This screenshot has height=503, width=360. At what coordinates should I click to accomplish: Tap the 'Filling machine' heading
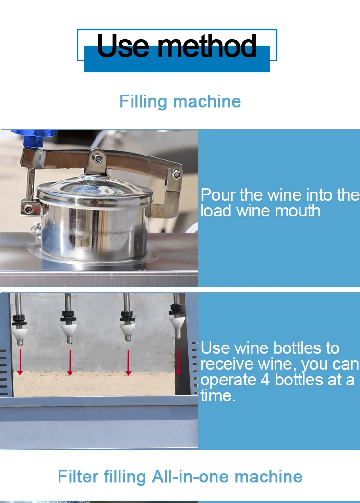[x=180, y=101]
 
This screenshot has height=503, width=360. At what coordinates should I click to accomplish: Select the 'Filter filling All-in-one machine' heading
[x=180, y=477]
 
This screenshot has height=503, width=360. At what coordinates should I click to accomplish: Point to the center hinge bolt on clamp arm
[x=98, y=156]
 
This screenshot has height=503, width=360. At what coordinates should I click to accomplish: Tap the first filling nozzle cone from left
[x=20, y=333]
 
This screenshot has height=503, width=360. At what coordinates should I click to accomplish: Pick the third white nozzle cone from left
[x=127, y=330]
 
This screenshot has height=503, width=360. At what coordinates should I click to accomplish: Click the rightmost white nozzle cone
[x=177, y=326]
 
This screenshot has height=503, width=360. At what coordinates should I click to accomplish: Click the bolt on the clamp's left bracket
[x=28, y=209]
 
